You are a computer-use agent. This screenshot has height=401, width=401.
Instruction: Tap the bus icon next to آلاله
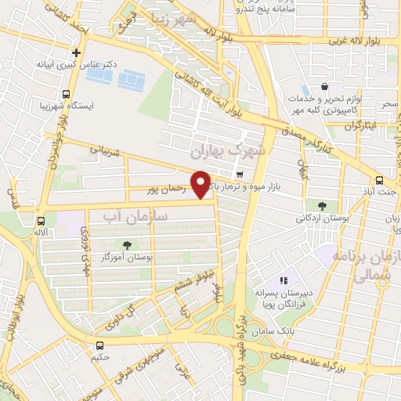(42, 222)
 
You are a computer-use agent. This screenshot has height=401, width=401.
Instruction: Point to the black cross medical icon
(75, 53)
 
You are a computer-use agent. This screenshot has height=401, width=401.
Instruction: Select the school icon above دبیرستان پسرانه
(284, 280)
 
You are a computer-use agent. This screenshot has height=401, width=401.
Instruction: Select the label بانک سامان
(288, 331)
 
